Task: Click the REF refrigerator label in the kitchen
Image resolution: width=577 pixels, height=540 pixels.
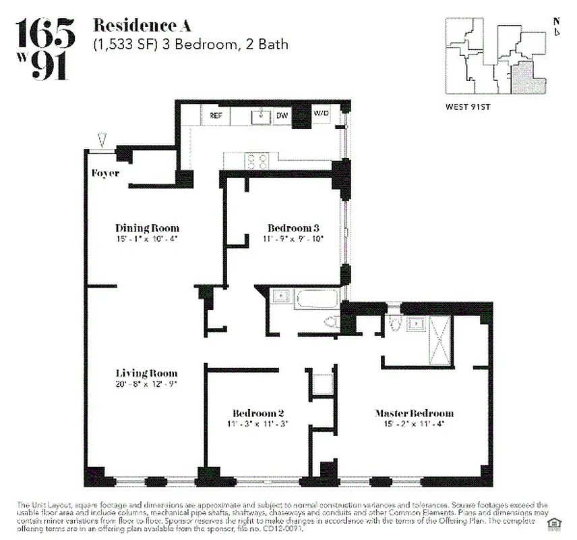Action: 216,115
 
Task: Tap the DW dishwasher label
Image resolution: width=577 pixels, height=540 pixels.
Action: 282,115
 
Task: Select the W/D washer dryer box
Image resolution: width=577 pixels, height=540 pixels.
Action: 322,113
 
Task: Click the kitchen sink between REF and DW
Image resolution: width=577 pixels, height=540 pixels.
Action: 260,116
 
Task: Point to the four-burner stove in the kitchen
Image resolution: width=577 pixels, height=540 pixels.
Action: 257,161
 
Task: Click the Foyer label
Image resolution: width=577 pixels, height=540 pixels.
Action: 105,173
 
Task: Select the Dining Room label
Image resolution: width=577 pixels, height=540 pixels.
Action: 147,228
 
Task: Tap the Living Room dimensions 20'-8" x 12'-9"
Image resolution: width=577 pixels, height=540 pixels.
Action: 146,383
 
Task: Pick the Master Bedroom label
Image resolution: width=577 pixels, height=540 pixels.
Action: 414,413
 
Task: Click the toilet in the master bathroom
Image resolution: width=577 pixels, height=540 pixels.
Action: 397,325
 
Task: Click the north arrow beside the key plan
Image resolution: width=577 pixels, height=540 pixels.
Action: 557,26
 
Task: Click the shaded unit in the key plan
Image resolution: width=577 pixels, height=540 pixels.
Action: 526,78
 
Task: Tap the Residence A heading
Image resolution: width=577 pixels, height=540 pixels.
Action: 142,26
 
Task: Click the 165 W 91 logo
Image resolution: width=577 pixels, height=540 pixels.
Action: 45,49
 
